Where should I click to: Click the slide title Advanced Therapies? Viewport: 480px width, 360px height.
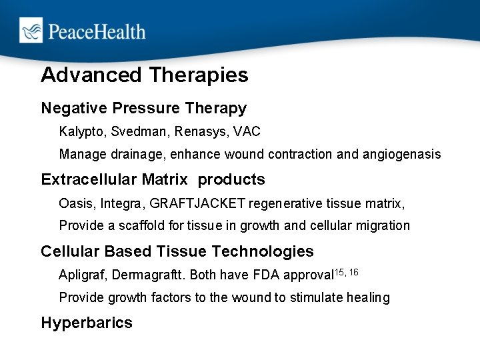point(144,75)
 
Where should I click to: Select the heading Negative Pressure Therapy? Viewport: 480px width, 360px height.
point(143,108)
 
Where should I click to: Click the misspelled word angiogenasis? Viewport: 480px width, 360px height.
point(401,155)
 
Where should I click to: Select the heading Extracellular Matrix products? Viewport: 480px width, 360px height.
point(153,180)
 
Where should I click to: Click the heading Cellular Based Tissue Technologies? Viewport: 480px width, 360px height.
point(177,251)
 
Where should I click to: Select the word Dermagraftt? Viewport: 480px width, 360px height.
point(145,275)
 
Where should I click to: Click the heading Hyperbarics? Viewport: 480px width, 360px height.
point(87,323)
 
